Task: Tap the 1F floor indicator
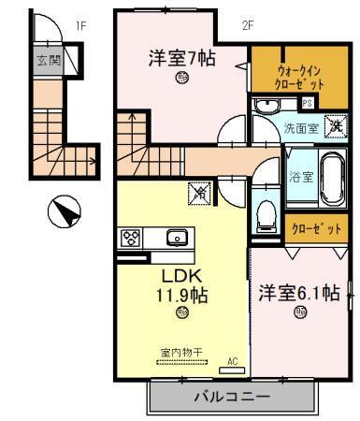tap(80, 25)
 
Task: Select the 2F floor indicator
tap(248, 25)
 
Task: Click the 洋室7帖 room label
tap(181, 59)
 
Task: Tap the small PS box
tap(307, 104)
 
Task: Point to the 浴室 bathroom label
tap(301, 177)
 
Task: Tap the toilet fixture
tap(266, 214)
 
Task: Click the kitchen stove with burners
tap(129, 238)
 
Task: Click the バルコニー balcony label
tap(232, 397)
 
